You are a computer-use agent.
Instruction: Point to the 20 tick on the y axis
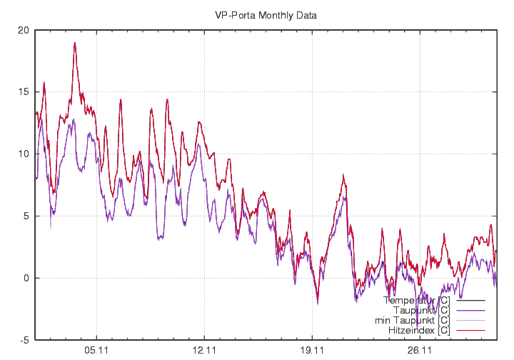(24, 30)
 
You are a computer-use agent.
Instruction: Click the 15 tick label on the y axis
(24, 92)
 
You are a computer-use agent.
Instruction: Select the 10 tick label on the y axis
(24, 154)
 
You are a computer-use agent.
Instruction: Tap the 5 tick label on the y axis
(26, 216)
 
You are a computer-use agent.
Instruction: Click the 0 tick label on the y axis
(26, 278)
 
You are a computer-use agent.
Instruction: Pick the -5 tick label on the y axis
(24, 340)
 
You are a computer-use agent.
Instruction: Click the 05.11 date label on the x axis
(96, 351)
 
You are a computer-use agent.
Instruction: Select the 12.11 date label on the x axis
(204, 351)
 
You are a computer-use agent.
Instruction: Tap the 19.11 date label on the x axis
(313, 351)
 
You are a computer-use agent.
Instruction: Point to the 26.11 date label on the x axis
(420, 351)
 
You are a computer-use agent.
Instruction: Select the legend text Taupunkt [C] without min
(421, 311)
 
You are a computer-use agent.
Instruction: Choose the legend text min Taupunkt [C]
(412, 321)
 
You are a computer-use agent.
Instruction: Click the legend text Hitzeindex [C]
(418, 331)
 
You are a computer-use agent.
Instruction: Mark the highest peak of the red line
(74, 43)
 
